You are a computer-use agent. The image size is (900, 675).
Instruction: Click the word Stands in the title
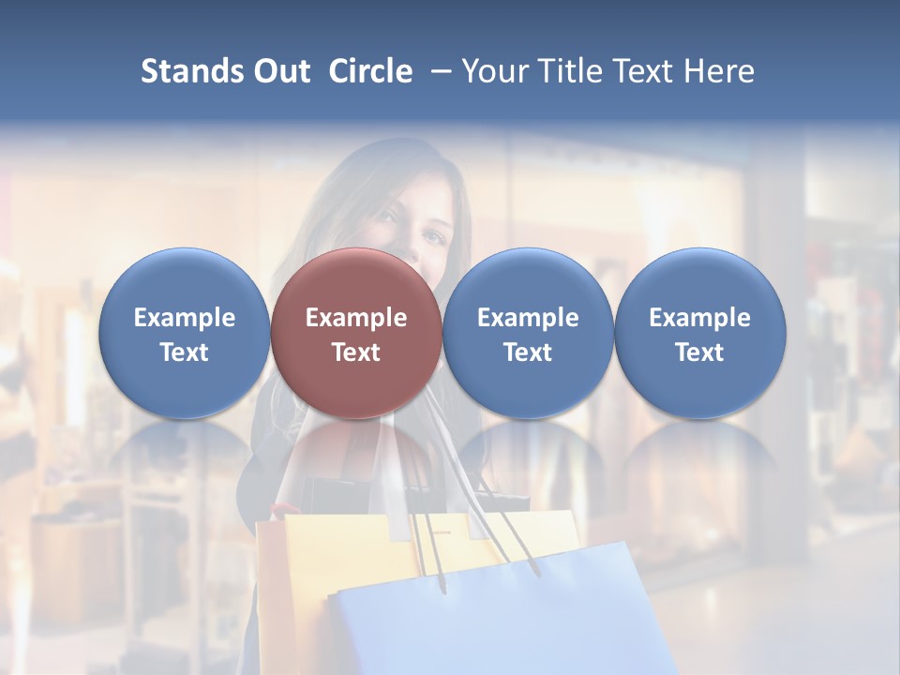[x=186, y=71]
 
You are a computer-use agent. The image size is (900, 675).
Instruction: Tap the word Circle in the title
[x=370, y=71]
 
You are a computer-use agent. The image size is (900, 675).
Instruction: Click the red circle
[x=356, y=333]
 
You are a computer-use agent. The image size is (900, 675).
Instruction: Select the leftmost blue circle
[x=185, y=333]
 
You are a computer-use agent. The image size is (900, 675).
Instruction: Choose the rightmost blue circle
[x=700, y=333]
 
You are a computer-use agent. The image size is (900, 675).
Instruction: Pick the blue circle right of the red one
[x=528, y=333]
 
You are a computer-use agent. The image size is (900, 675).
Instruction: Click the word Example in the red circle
[x=356, y=318]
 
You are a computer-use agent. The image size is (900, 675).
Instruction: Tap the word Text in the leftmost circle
[x=185, y=352]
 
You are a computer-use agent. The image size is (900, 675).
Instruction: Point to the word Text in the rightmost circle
[x=700, y=352]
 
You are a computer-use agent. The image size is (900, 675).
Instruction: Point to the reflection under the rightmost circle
[x=700, y=459]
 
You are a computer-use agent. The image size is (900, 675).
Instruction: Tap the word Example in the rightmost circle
[x=700, y=318]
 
